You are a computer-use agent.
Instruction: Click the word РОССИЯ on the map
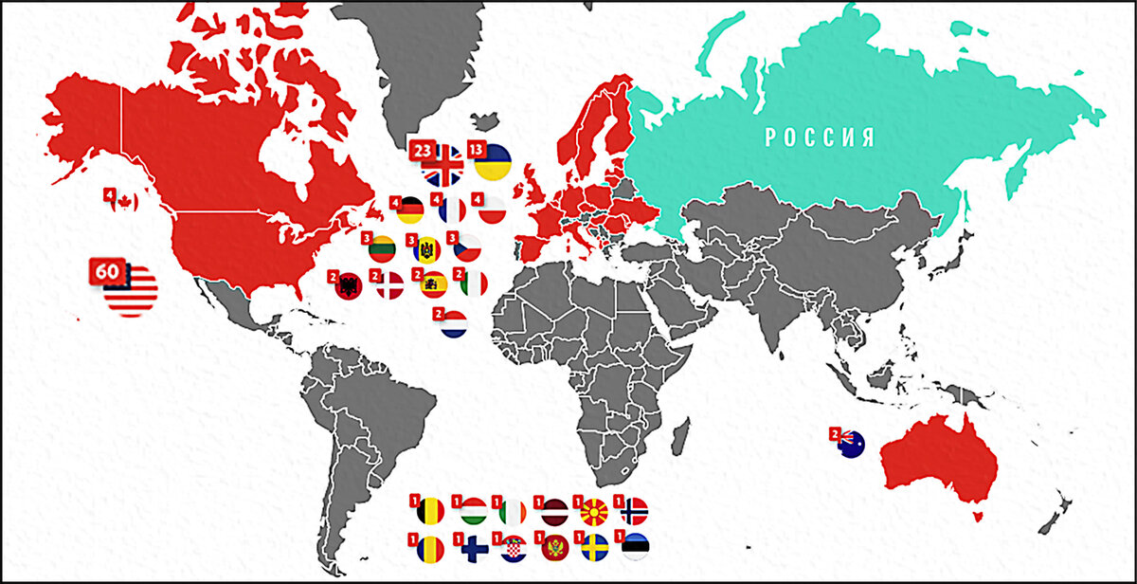click(820, 137)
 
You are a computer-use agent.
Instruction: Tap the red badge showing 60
click(107, 271)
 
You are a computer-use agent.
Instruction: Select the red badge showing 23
click(422, 150)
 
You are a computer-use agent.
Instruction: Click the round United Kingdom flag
click(442, 166)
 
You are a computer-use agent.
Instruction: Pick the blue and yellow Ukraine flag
click(493, 163)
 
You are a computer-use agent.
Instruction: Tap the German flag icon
click(410, 210)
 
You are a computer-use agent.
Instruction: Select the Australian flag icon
click(847, 443)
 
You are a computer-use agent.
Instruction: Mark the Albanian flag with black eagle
click(347, 285)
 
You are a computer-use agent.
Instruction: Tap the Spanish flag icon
click(433, 284)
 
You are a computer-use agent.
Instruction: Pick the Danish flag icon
click(389, 284)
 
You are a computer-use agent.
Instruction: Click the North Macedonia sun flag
click(594, 512)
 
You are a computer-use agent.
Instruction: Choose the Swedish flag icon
click(594, 549)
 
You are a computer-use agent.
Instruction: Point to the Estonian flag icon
click(635, 548)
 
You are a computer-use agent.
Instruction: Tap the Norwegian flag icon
click(633, 512)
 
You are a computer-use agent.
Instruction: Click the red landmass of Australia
click(938, 465)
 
